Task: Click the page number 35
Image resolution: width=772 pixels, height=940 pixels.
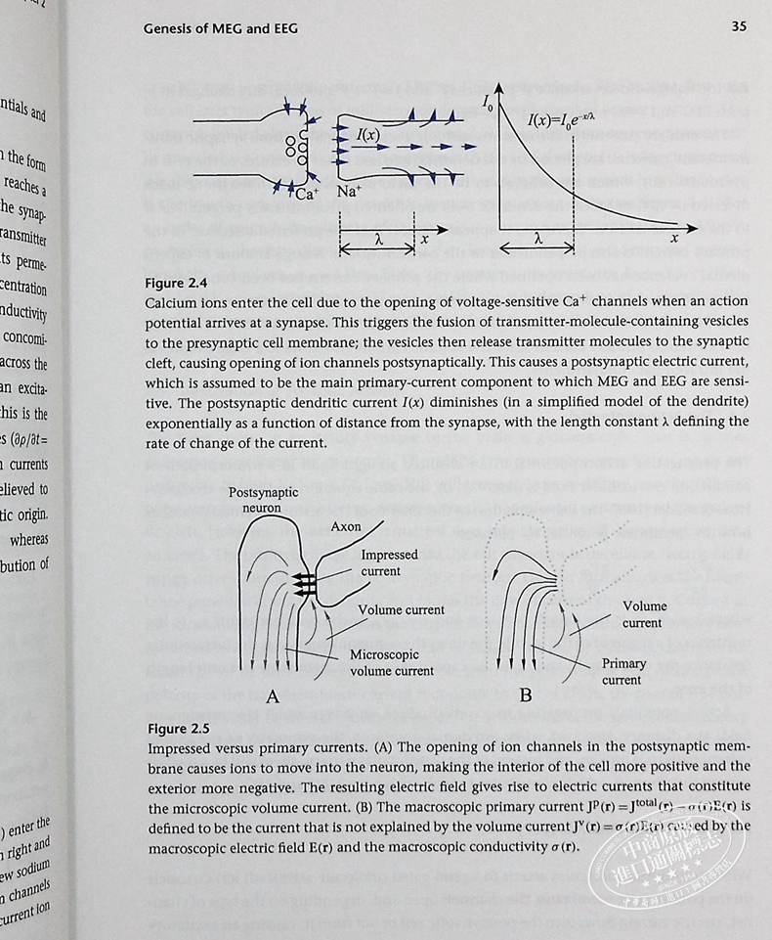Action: point(739,26)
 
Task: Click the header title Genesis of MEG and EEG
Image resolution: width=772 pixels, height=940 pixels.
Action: point(221,28)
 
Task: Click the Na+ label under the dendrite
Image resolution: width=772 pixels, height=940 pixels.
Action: point(350,192)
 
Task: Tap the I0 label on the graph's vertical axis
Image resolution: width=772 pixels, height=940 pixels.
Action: point(487,100)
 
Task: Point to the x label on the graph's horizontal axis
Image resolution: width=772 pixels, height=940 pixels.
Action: point(674,238)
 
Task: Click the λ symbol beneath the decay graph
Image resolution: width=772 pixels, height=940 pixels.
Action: point(539,237)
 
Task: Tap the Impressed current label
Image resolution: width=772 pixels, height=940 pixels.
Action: point(389,562)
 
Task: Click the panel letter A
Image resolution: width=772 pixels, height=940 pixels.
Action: point(273,696)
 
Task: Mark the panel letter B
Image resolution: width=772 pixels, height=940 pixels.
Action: point(526,695)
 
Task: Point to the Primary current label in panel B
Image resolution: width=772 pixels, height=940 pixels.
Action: point(623,671)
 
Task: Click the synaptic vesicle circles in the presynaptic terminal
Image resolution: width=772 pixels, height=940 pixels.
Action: point(290,150)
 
